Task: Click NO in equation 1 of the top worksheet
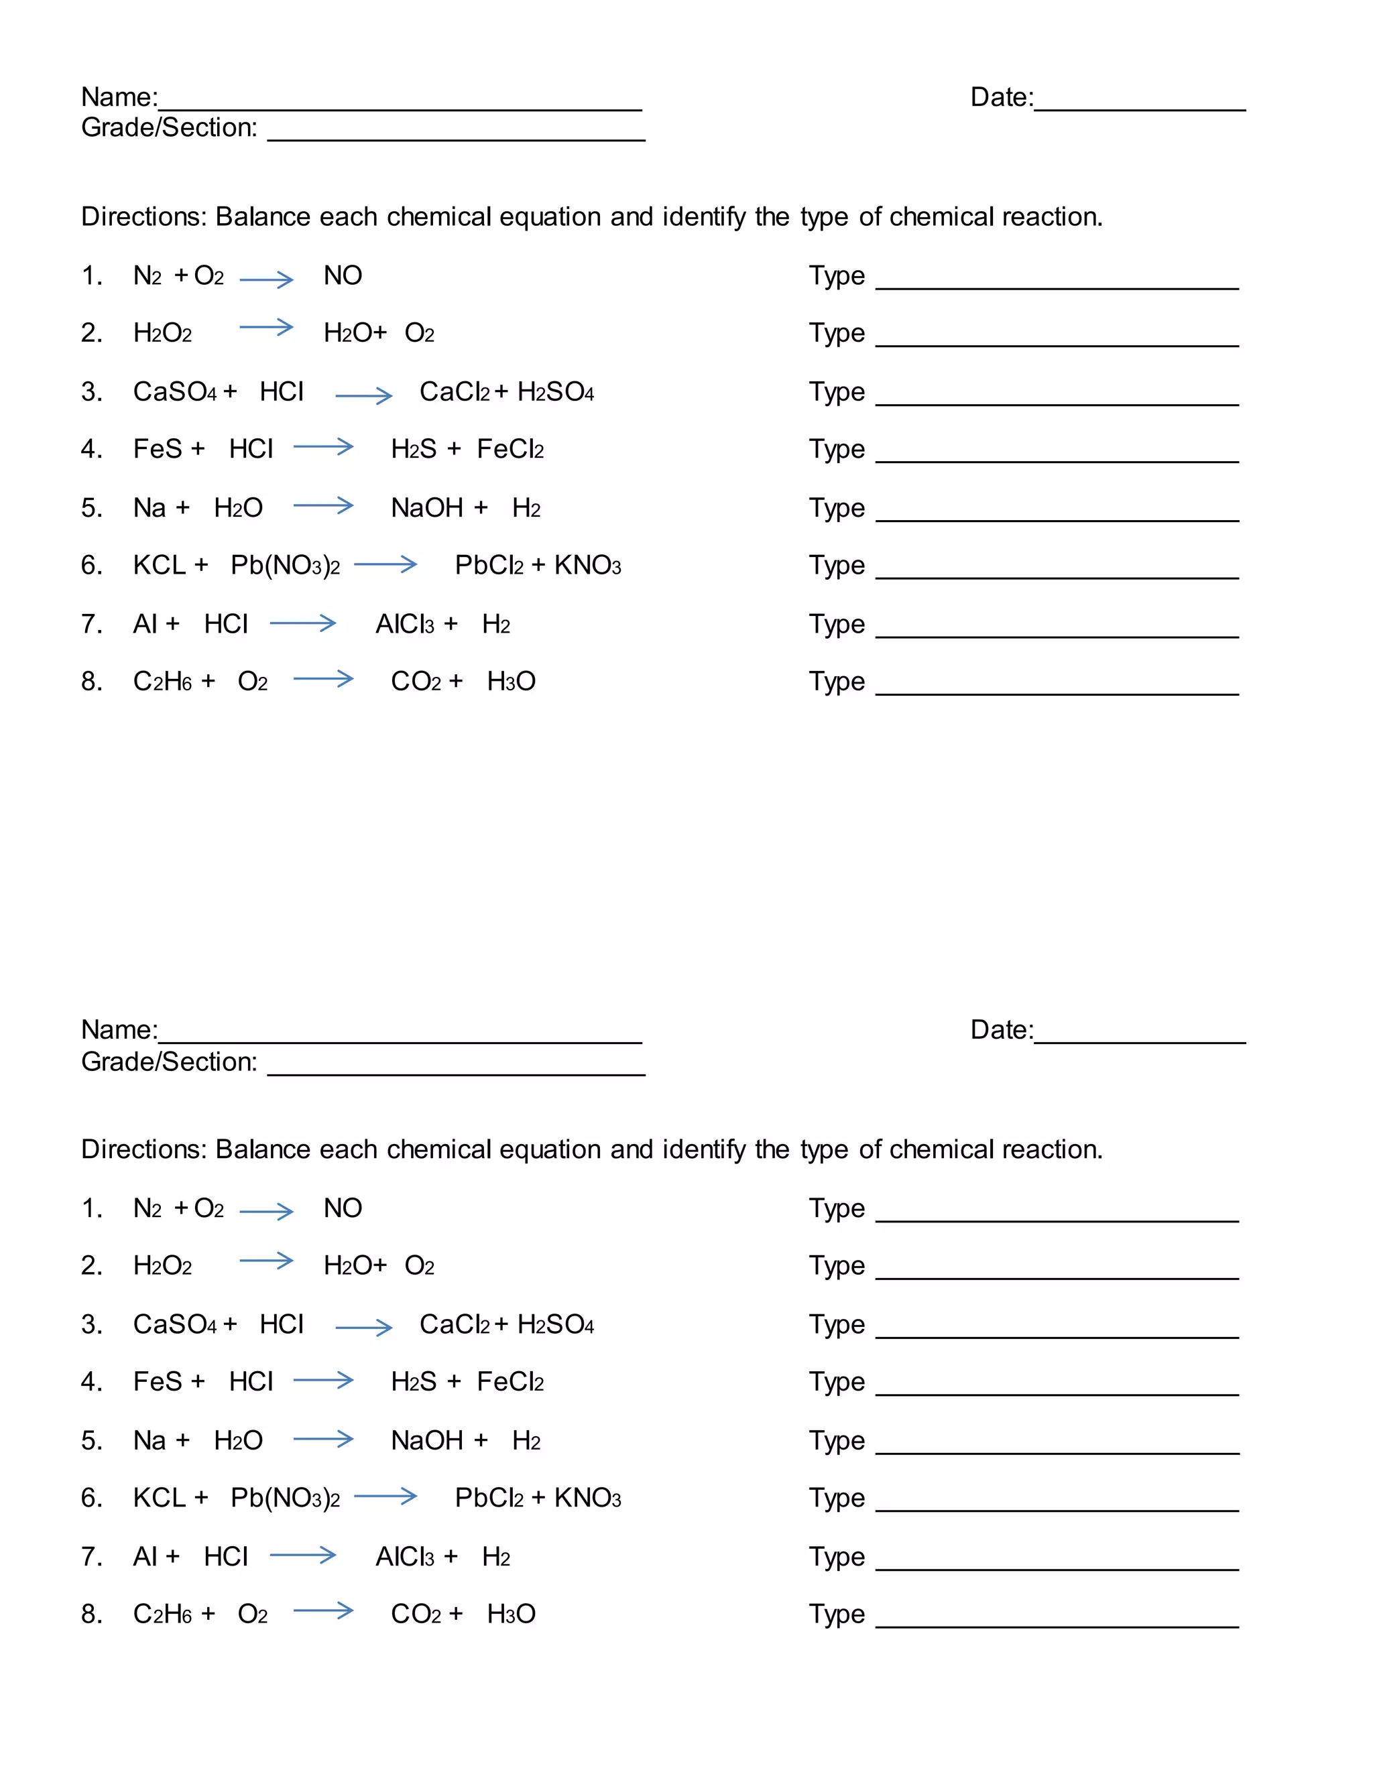click(x=343, y=275)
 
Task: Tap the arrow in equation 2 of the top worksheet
click(x=266, y=328)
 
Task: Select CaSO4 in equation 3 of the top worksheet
click(x=175, y=392)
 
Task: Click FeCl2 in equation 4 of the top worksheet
click(x=510, y=449)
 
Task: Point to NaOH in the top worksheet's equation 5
click(x=427, y=508)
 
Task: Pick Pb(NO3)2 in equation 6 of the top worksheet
click(x=285, y=565)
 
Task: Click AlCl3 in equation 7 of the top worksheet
click(x=404, y=625)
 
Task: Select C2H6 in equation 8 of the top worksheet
click(x=162, y=682)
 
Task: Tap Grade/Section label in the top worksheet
click(x=169, y=127)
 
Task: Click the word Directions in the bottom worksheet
click(x=144, y=1149)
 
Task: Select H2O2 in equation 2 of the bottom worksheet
click(x=162, y=1265)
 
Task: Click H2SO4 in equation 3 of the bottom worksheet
click(x=556, y=1325)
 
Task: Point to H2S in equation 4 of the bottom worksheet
click(x=413, y=1382)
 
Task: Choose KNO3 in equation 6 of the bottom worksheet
click(x=587, y=1498)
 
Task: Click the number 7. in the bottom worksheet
click(x=91, y=1556)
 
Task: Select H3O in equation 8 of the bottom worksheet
click(x=511, y=1614)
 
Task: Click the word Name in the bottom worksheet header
click(x=118, y=1030)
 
